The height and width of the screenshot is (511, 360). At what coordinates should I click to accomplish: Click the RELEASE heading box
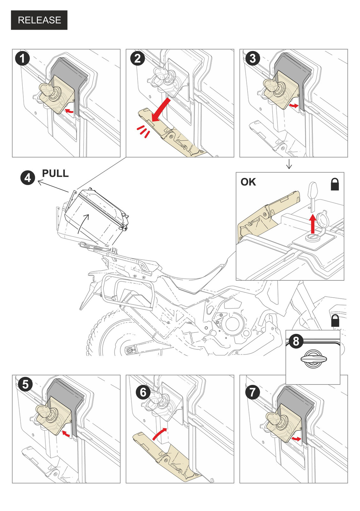click(x=39, y=20)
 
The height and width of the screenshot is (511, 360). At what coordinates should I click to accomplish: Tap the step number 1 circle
click(x=22, y=59)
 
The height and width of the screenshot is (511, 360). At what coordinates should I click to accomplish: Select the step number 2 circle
click(x=138, y=59)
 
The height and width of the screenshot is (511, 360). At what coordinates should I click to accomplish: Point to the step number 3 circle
click(x=252, y=58)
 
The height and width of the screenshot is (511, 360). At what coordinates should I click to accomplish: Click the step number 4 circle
click(x=28, y=178)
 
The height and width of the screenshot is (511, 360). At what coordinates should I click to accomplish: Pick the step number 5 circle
click(x=26, y=384)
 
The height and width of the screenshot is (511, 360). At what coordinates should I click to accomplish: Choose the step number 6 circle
click(x=143, y=392)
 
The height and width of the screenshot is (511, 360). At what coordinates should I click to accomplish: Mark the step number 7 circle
click(x=252, y=392)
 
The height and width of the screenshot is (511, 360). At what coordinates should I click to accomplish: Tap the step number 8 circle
click(x=296, y=341)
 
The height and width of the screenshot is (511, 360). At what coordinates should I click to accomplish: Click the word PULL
click(x=55, y=173)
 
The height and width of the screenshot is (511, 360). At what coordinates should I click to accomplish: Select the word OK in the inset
click(x=248, y=182)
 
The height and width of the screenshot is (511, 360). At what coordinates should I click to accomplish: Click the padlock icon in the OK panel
click(x=334, y=184)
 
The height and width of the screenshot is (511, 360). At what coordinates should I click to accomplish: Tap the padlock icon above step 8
click(x=335, y=321)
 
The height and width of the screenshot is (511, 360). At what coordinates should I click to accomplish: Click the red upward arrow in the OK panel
click(x=313, y=224)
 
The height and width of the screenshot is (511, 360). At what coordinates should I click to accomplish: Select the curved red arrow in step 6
click(x=160, y=434)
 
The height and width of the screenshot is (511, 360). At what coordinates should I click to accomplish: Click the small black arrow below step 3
click(x=289, y=164)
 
